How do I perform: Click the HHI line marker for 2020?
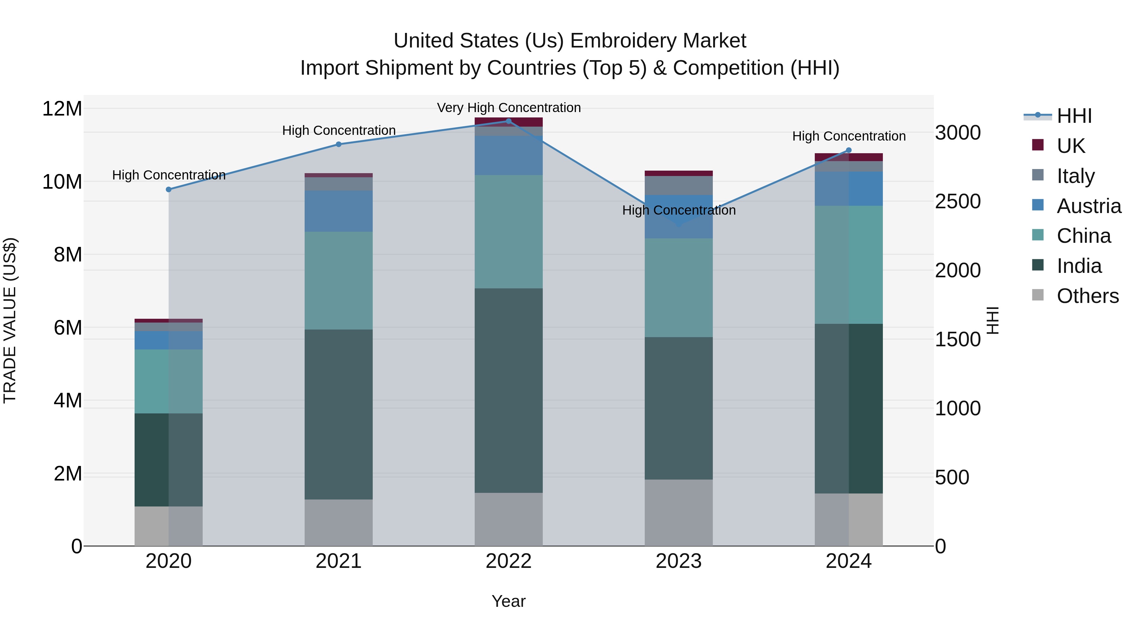tap(168, 189)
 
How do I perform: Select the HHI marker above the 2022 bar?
tap(509, 121)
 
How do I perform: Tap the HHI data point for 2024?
tap(848, 150)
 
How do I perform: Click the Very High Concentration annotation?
tap(509, 108)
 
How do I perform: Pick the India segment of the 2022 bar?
tap(509, 390)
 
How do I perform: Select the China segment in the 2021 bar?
tap(339, 280)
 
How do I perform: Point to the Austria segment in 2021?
tap(339, 211)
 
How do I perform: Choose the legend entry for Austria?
tap(1089, 206)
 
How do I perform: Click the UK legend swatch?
tap(1037, 145)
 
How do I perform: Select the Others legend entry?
tap(1087, 296)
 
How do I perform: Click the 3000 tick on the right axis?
tap(958, 133)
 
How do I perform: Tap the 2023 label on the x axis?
tap(678, 561)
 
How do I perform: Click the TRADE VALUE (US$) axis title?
tap(10, 320)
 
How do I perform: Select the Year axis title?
tap(509, 601)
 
